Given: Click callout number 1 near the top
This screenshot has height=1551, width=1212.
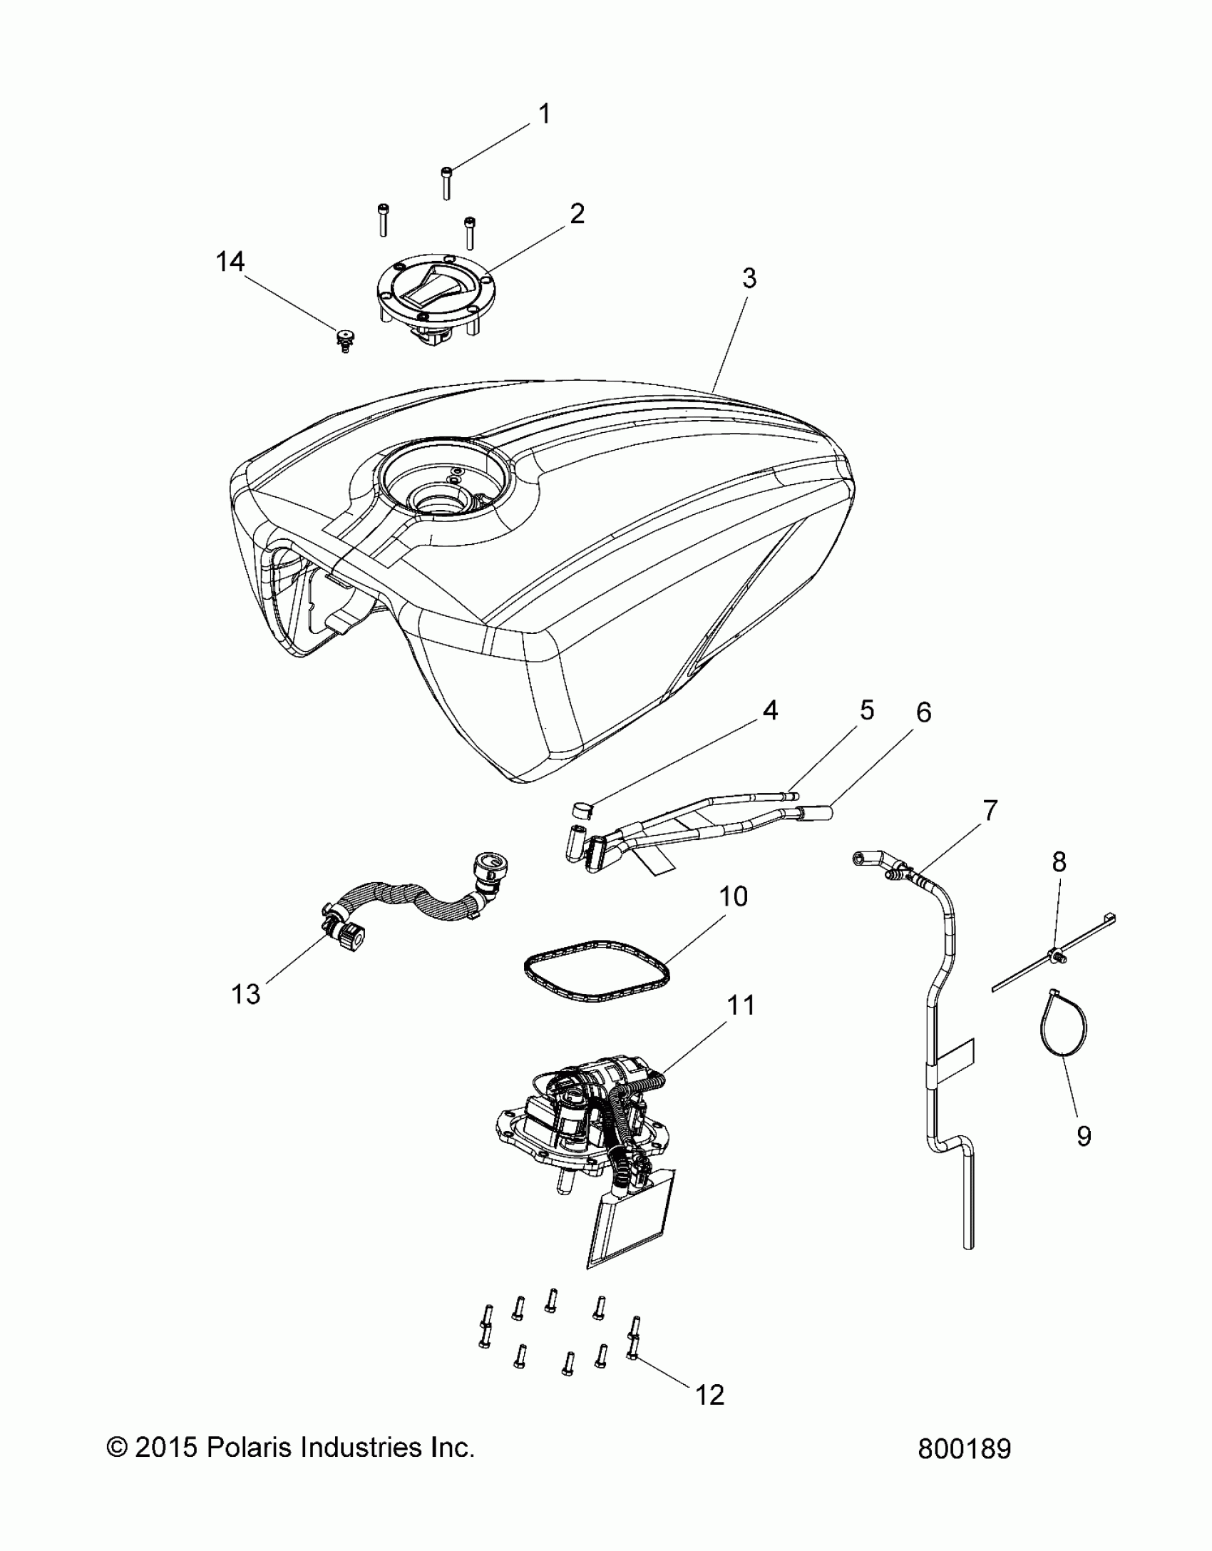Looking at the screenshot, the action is coord(544,114).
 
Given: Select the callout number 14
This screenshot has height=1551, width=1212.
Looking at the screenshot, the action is coord(230,262).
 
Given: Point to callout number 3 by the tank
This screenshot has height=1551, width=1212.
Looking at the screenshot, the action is coord(749,278).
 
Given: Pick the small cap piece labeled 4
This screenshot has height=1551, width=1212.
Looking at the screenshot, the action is coord(582,809).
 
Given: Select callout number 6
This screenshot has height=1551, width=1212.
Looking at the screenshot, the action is coord(923,713).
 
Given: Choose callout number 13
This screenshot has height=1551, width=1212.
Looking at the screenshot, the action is coord(246,993).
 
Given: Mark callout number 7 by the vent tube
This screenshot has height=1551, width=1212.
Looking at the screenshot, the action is coord(990,810).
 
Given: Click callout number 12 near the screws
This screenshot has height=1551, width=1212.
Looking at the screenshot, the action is coord(709,1395).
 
